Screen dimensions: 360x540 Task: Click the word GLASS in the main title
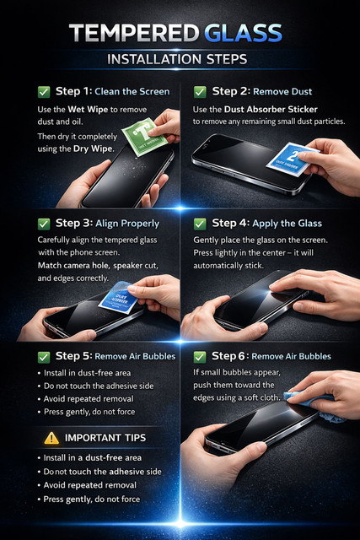click(x=243, y=33)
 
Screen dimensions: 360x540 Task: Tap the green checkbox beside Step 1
click(x=44, y=92)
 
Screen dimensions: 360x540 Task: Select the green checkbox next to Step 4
click(x=200, y=224)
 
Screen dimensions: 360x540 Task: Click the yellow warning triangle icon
click(x=51, y=438)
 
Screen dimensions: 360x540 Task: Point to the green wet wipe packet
click(x=144, y=137)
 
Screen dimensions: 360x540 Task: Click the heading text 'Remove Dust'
click(x=282, y=92)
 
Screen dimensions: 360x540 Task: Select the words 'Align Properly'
click(x=127, y=224)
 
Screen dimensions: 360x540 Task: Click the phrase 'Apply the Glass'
click(x=287, y=224)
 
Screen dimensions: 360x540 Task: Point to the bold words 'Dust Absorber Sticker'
click(x=271, y=110)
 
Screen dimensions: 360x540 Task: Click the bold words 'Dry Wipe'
click(x=93, y=149)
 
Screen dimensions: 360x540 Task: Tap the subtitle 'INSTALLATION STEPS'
click(x=177, y=59)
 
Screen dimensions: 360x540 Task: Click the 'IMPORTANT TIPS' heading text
click(x=105, y=438)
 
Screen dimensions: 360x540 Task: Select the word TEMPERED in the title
click(x=134, y=33)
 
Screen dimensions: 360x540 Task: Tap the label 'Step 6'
click(x=228, y=356)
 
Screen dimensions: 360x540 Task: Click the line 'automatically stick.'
click(x=228, y=266)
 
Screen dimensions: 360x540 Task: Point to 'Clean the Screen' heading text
click(x=132, y=92)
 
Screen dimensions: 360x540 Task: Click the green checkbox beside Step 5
click(x=44, y=357)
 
